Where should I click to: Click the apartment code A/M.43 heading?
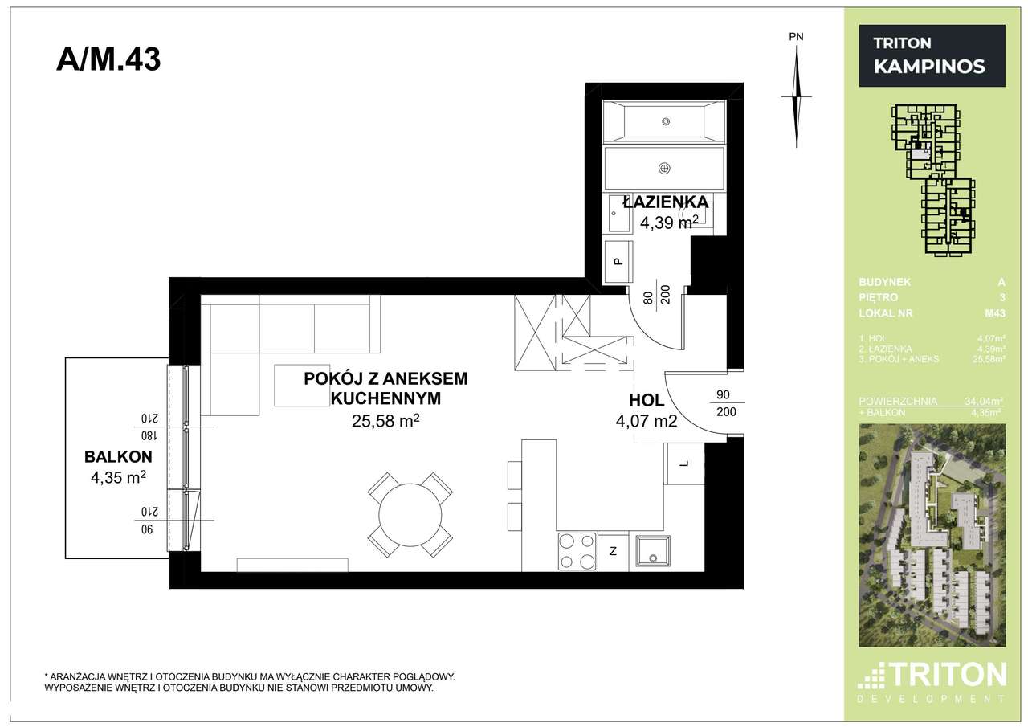point(108,59)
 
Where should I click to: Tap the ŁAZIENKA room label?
point(664,202)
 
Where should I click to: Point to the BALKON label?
point(118,457)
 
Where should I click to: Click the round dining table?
point(410,515)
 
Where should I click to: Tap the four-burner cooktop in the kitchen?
point(577,551)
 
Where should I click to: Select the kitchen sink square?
point(655,552)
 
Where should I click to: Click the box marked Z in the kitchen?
point(613,552)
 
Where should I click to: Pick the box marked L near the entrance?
point(683,464)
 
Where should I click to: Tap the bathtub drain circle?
point(665,121)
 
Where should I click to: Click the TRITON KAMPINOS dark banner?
point(932,55)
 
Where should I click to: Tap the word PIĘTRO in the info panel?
point(878,298)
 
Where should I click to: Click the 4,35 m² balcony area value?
point(118,478)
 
